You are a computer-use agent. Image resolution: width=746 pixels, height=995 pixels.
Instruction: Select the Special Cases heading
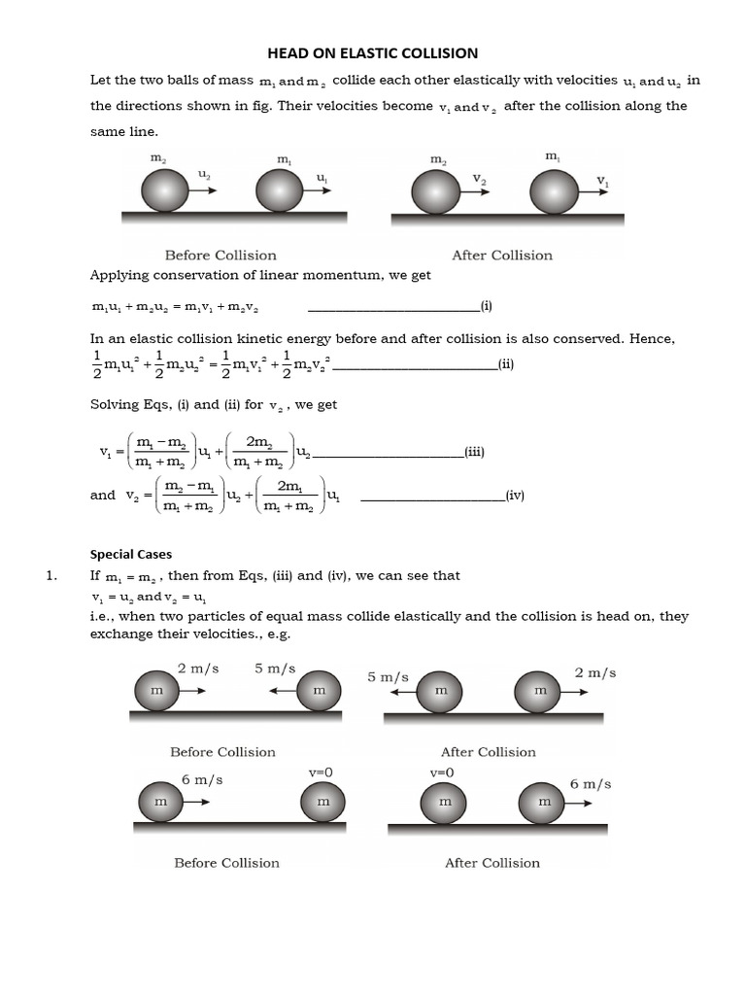[131, 554]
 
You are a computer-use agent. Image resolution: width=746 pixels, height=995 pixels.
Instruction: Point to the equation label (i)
[486, 306]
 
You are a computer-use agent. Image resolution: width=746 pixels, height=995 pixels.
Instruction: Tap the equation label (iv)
[515, 495]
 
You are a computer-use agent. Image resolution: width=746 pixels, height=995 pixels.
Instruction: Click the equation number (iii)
[474, 452]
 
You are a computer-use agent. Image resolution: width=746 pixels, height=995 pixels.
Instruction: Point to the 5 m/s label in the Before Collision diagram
[275, 669]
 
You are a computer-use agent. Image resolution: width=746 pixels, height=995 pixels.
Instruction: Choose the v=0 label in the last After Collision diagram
[442, 772]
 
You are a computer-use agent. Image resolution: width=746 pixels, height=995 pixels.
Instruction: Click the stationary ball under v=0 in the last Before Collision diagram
[322, 803]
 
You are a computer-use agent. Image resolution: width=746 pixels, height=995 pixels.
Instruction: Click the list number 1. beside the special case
[52, 575]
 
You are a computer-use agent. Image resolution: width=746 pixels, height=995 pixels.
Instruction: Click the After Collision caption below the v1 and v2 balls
[501, 256]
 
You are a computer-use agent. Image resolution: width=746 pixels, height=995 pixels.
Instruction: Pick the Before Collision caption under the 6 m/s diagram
[226, 862]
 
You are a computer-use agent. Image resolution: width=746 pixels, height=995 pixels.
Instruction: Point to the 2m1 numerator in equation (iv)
[288, 485]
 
